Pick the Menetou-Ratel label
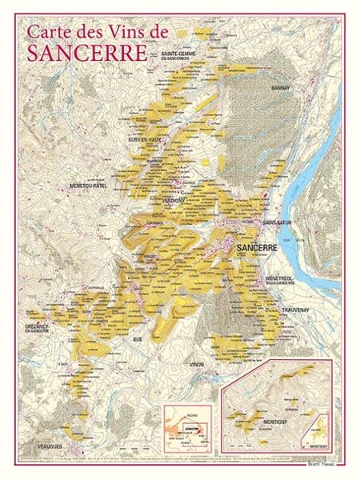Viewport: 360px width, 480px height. [x=90, y=186]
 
